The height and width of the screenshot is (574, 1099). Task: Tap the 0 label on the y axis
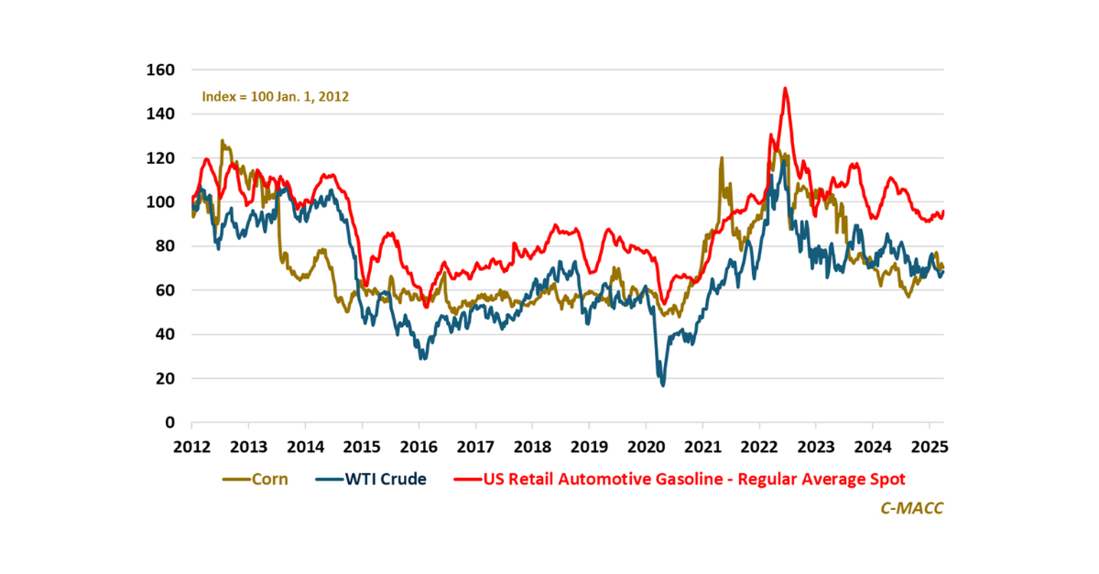170,422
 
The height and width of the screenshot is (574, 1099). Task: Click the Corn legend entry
256,479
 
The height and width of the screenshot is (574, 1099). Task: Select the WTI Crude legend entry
371,479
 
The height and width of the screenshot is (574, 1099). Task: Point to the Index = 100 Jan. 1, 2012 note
275,95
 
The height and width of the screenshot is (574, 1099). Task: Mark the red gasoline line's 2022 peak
786,89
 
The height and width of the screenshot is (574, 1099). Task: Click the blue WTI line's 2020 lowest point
662,385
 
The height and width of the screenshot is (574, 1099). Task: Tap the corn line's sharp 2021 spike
722,158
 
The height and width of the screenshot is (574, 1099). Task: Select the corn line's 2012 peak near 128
223,142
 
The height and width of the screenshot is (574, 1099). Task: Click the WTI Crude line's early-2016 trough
422,358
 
